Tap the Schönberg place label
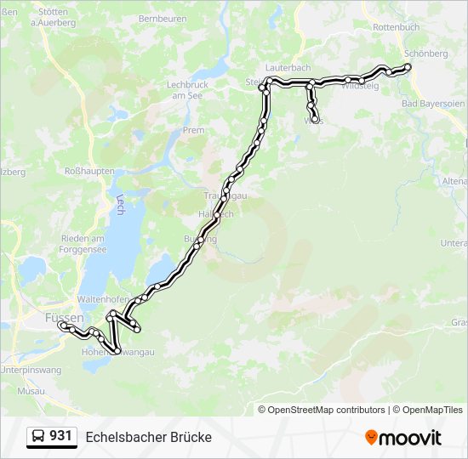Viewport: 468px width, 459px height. point(425,54)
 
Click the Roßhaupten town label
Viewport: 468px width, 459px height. point(89,171)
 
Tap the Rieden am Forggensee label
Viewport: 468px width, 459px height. point(83,244)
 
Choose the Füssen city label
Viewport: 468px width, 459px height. point(63,316)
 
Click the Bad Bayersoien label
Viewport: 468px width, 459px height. point(431,105)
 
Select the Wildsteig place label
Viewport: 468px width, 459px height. point(359,86)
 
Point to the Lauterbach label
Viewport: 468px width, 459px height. point(286,66)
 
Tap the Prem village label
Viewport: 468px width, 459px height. point(193,130)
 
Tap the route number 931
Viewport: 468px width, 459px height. point(61,436)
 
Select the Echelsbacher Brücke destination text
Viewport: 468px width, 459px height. point(148,437)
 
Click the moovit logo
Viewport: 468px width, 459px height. point(403,438)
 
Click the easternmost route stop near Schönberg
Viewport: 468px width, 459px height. point(408,66)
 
